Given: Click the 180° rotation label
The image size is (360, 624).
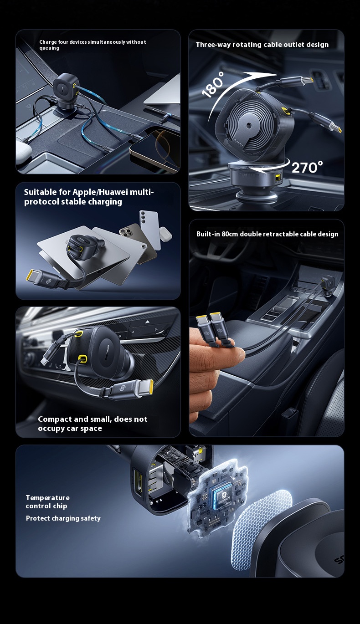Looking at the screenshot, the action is [x=213, y=84].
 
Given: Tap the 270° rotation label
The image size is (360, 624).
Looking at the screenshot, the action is [x=307, y=167].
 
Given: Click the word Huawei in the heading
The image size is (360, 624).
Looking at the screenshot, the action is [x=113, y=192].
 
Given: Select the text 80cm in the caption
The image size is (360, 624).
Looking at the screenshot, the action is [x=230, y=234].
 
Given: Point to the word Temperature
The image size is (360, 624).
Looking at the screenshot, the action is [x=48, y=497].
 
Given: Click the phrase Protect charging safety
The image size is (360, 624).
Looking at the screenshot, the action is [x=63, y=518].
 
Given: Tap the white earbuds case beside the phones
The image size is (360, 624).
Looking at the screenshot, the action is [x=165, y=234].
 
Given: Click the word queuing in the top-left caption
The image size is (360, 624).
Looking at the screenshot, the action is [x=49, y=48].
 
